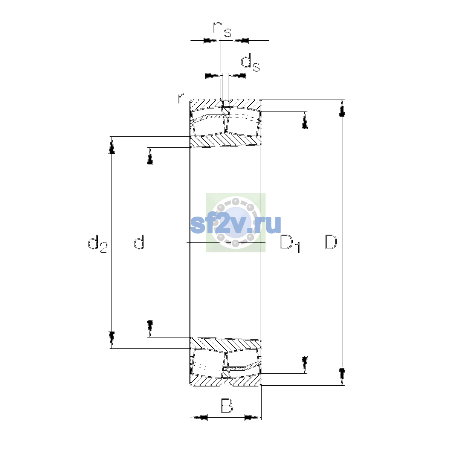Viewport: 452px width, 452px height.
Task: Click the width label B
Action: (x=227, y=405)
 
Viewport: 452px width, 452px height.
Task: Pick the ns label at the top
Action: (x=222, y=29)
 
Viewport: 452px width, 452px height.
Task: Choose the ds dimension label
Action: (x=250, y=62)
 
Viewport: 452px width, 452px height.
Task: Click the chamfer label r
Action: (x=181, y=99)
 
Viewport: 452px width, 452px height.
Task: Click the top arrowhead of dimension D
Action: (x=342, y=108)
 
